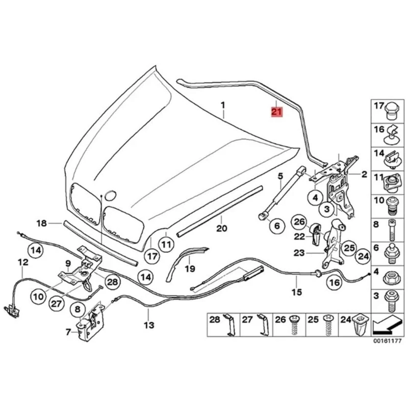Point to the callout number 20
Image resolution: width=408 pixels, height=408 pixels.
click(x=221, y=228)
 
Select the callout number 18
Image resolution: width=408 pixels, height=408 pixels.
click(x=41, y=223)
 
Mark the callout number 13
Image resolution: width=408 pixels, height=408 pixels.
click(x=148, y=324)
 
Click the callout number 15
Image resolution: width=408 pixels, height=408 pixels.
click(x=296, y=292)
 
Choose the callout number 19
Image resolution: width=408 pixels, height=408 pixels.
click(x=190, y=268)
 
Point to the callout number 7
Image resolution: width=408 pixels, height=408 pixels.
click(x=69, y=332)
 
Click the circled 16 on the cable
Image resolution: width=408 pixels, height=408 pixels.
click(x=334, y=282)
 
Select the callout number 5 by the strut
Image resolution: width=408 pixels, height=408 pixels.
click(x=280, y=176)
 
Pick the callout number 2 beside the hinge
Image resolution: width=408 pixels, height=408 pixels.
click(x=364, y=175)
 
